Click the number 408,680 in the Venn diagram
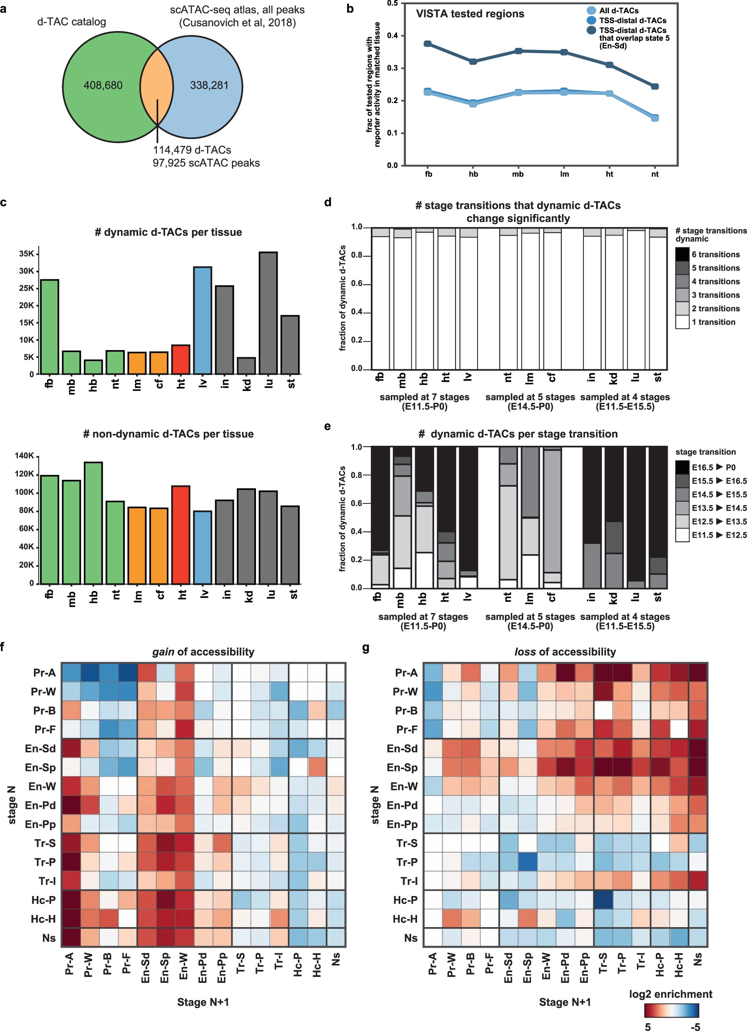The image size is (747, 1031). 103,85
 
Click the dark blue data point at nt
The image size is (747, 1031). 655,86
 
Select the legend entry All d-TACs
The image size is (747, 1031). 618,11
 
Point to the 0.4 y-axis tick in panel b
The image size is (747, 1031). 392,36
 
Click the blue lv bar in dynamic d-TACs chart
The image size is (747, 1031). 203,321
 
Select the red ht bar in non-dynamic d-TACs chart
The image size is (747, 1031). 181,535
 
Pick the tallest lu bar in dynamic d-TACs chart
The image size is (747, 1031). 268,313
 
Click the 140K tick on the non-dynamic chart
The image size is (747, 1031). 25,456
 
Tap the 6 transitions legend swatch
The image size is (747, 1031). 682,254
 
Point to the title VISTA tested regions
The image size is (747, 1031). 470,14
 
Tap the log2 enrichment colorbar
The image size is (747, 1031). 671,1010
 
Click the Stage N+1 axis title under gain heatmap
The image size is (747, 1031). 203,1002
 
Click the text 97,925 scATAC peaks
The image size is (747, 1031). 206,163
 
